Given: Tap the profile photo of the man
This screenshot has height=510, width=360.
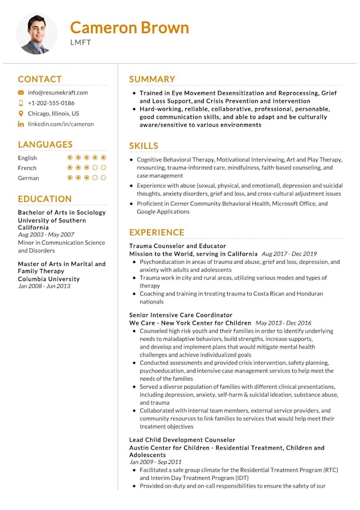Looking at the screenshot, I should coord(37,34).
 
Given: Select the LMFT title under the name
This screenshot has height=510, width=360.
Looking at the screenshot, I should coord(80,42).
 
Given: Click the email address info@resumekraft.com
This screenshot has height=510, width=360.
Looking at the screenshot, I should coord(58,92).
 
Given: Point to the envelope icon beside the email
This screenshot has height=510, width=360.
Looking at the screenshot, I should coord(21,92).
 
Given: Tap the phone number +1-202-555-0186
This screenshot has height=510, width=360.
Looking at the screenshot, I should coord(51,103).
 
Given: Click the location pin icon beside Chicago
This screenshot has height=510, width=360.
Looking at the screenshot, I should coord(21,113).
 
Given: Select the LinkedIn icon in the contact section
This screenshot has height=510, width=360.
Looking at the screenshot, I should coord(21,124).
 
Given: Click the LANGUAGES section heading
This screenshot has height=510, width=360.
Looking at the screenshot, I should coord(45,144).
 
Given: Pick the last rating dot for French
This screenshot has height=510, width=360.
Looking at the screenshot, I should coord(104,167).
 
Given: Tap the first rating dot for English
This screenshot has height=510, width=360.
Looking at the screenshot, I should coord(70,157).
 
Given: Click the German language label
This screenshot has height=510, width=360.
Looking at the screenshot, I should coord(29,178).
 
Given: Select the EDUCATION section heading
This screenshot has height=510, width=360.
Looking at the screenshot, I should coord(44,199).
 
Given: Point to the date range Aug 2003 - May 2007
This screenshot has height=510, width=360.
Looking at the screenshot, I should coord(46,234).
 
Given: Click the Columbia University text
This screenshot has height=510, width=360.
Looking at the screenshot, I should coord(49,279).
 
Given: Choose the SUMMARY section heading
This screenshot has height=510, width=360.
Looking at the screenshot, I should coord(152,79).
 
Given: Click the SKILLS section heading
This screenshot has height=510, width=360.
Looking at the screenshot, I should coord(143,146).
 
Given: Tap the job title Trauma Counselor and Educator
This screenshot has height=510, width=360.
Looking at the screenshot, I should coord(177,246).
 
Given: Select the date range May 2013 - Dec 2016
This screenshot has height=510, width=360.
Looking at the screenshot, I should coord(283,323).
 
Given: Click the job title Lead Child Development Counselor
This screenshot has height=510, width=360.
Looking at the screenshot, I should coord(182,440).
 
